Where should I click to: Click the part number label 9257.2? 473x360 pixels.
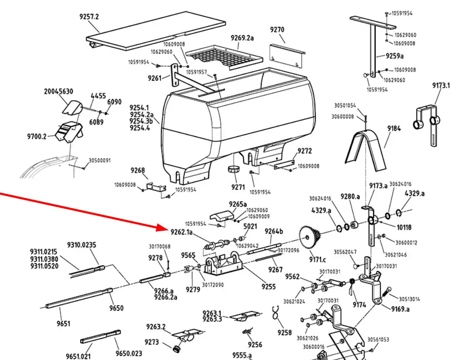(x=89, y=17)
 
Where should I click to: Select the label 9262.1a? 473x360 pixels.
(x=181, y=232)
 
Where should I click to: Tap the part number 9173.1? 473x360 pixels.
(x=441, y=86)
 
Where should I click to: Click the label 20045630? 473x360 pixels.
(x=59, y=91)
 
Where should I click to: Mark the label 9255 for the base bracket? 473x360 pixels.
(x=268, y=286)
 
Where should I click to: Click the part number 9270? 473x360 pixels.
(x=277, y=30)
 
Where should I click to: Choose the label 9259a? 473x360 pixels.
(x=395, y=56)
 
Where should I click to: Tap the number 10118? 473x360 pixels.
(x=404, y=227)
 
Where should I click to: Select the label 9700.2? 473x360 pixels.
(x=37, y=136)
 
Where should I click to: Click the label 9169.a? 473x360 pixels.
(x=400, y=309)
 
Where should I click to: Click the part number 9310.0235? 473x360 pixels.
(x=82, y=245)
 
